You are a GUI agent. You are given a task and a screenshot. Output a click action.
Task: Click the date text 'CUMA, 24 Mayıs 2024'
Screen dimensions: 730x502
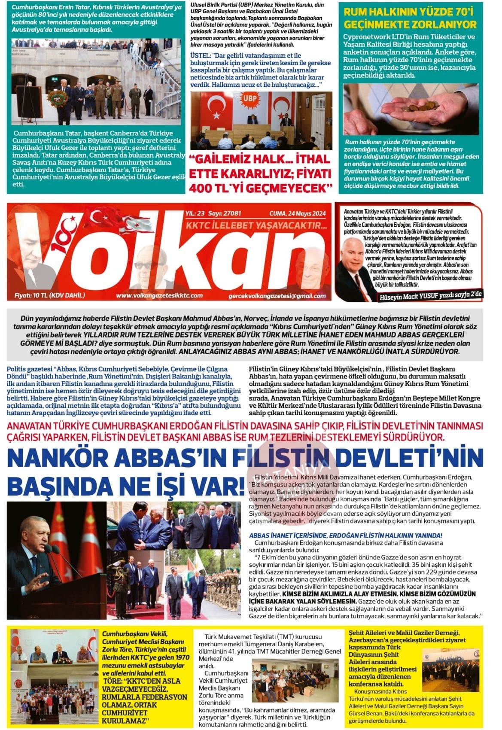click(x=297, y=213)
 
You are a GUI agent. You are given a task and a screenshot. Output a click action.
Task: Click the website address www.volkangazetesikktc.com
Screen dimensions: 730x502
click(x=159, y=295)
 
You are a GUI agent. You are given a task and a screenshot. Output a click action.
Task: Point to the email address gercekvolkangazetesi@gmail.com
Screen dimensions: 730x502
click(x=277, y=296)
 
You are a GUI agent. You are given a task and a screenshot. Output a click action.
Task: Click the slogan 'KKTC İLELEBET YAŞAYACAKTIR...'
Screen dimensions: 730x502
click(x=256, y=225)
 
